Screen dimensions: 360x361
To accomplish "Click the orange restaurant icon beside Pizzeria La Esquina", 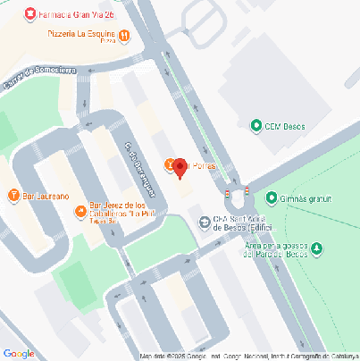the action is (124, 36).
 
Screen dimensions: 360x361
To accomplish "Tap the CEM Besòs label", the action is (285, 126).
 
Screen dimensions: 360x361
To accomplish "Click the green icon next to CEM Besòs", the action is (257, 126).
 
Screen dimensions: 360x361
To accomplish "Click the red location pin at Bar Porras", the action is (180, 167).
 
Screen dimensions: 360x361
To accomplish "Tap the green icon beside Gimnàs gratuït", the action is (272, 197).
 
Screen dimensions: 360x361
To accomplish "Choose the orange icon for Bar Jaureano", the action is (13, 195).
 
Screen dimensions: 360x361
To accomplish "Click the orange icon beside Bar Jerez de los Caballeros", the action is (80, 211).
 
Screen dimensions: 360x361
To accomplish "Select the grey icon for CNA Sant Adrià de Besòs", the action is (205, 222).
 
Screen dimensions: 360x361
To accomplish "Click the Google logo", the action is (19, 353).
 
